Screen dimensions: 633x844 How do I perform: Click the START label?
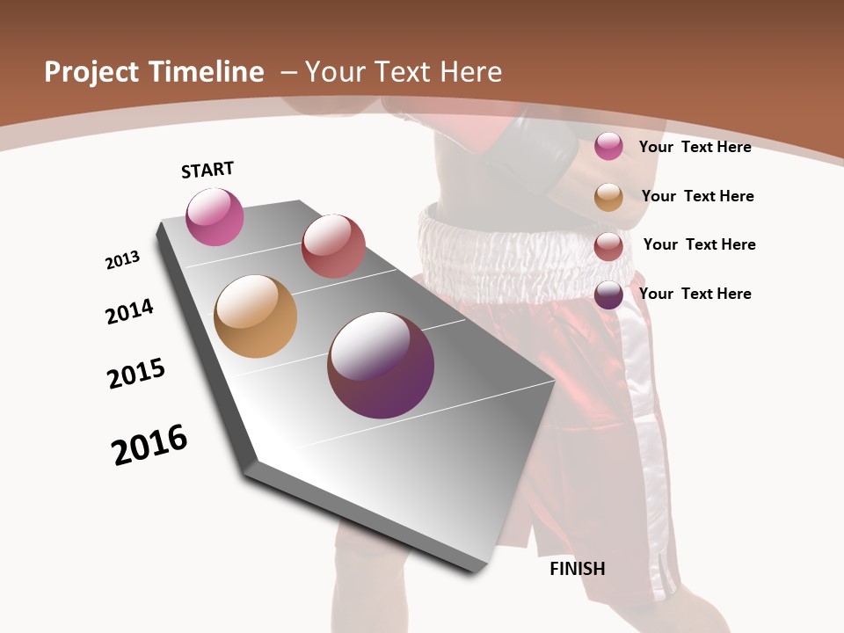coord(207,170)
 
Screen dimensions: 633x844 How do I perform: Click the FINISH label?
coord(577,569)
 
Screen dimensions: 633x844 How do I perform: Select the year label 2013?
coord(122,260)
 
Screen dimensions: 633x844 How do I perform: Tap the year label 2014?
coord(129,311)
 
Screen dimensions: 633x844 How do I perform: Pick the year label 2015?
coord(136,374)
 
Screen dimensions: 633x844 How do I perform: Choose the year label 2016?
coord(149,445)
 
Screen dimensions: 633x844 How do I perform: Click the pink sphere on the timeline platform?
coord(215,217)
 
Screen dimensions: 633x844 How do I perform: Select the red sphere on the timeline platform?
coord(333,246)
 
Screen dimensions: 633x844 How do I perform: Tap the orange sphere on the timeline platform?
coord(255,316)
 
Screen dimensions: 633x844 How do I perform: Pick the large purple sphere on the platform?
coord(381,365)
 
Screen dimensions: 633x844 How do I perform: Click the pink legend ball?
coord(608,146)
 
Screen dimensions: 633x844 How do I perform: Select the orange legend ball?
coord(608,197)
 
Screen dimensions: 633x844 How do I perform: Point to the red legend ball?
coord(608,246)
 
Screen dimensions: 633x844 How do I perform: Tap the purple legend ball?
coord(608,295)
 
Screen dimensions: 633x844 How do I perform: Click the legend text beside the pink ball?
coord(695,147)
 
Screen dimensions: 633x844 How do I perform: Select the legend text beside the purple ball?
coord(695,294)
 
